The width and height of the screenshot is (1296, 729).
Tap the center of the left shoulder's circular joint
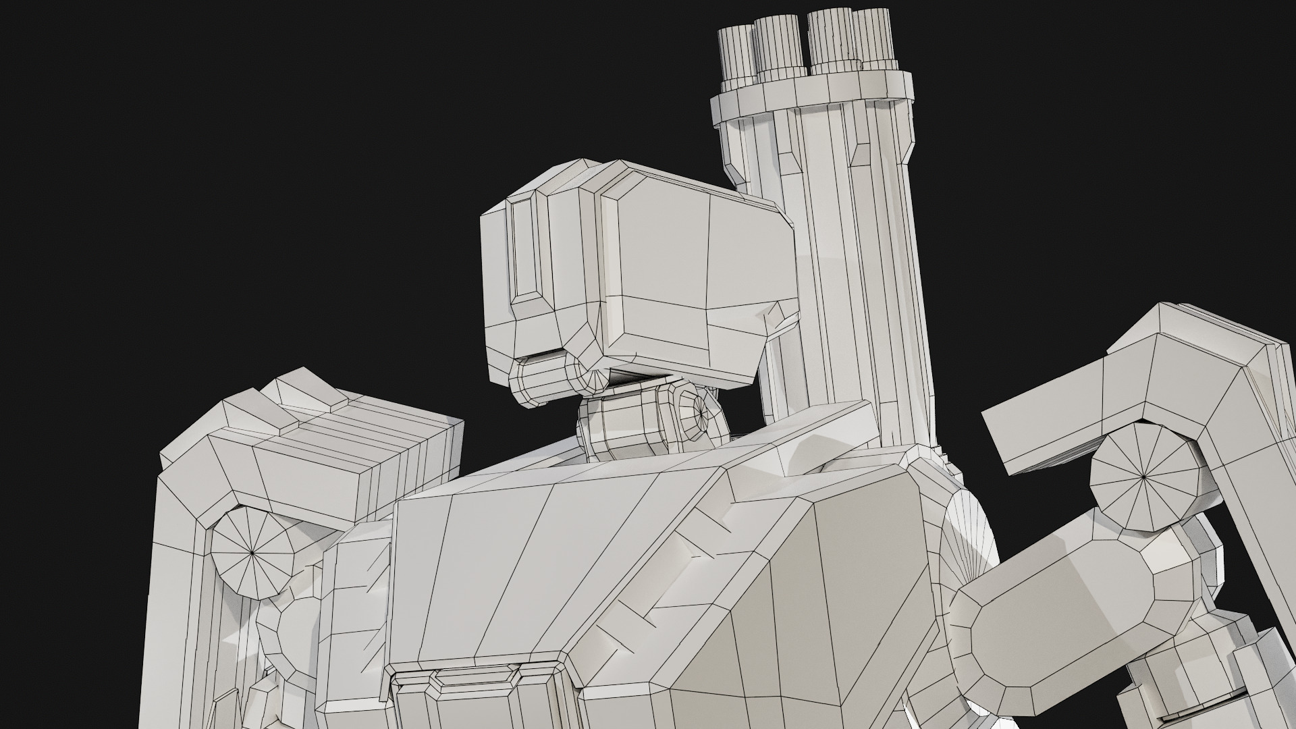[252, 552]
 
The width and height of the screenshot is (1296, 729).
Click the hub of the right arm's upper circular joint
[1143, 476]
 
